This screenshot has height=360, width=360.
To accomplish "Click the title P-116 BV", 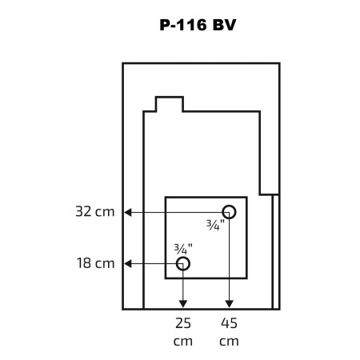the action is pyautogui.click(x=198, y=26).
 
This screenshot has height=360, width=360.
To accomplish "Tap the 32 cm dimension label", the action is pyautogui.click(x=95, y=212).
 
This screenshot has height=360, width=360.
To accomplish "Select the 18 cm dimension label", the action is pyautogui.click(x=95, y=263).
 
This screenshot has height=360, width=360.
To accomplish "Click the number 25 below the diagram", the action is pyautogui.click(x=183, y=323).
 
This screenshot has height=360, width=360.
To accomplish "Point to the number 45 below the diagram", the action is pyautogui.click(x=229, y=323).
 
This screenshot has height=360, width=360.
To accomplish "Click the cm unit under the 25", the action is pyautogui.click(x=183, y=342).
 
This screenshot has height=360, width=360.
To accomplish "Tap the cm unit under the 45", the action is pyautogui.click(x=229, y=342).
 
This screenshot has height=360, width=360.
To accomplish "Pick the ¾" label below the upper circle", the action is pyautogui.click(x=215, y=225).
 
